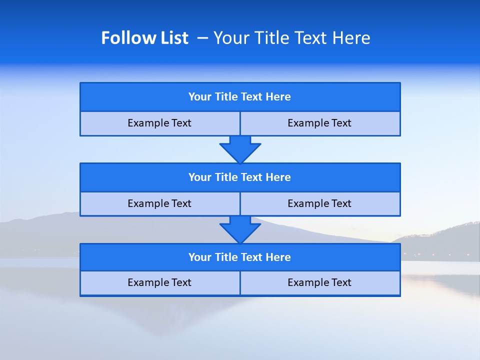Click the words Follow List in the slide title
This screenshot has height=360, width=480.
pos(144,38)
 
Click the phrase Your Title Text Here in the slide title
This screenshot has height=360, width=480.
pos(291,38)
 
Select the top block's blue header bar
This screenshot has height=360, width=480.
pos(240,97)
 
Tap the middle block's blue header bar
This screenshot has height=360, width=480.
pos(240,177)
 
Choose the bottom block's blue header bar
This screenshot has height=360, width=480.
pos(240,257)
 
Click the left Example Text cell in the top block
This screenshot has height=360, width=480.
pos(159,123)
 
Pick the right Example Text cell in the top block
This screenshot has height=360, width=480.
pos(319,123)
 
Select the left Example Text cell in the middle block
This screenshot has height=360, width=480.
pos(159,203)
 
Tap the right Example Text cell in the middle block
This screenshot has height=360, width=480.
pos(319,203)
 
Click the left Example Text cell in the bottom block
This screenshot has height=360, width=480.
pos(159,282)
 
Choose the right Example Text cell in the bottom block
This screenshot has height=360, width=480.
pos(319,282)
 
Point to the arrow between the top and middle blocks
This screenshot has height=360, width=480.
pos(240,149)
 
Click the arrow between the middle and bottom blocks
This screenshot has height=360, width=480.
pos(240,229)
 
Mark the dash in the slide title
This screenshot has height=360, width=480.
pos(202,38)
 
